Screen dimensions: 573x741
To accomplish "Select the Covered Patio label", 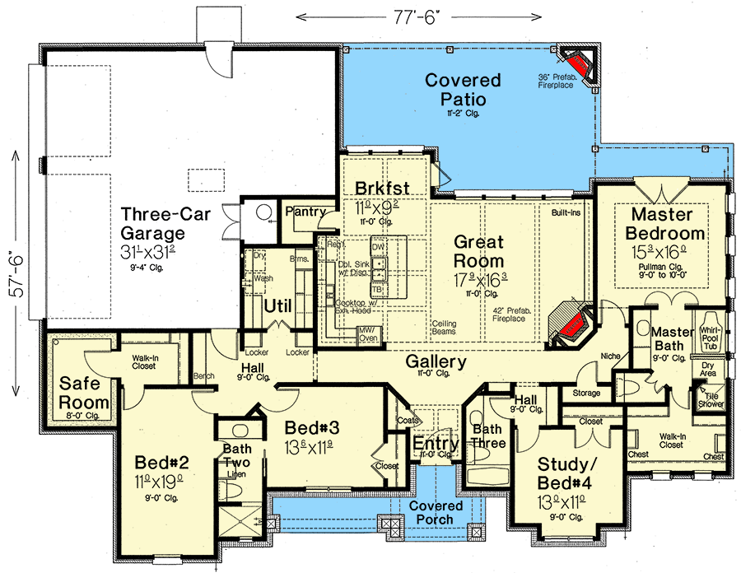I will tap(464, 90).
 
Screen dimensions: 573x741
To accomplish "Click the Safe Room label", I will tap(83, 393).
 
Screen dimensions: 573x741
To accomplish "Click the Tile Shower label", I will tap(711, 400).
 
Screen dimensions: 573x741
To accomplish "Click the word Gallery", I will tap(436, 361).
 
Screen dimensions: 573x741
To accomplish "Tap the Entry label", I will tap(436, 444).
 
